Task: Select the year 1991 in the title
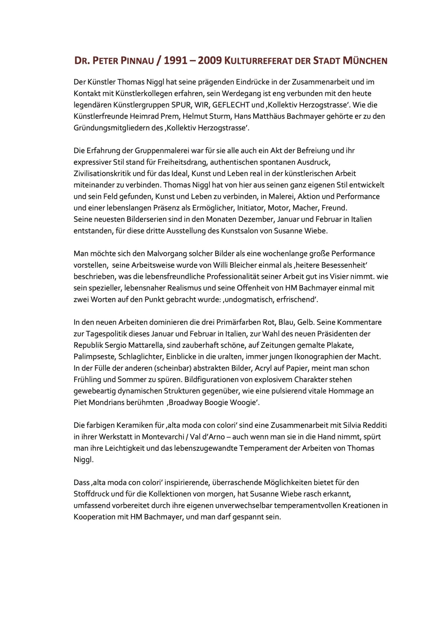pyautogui.click(x=175, y=61)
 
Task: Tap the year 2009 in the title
pyautogui.click(x=210, y=61)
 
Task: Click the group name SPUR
pyautogui.click(x=180, y=105)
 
